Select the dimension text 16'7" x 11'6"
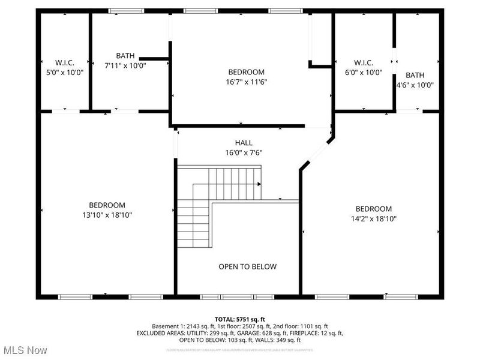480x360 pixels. (x=246, y=82)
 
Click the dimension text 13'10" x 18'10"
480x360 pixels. (x=107, y=215)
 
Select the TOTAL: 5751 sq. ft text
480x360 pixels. (x=239, y=319)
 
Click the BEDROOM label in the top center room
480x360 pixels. (x=246, y=72)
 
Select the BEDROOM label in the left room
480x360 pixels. (x=107, y=205)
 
